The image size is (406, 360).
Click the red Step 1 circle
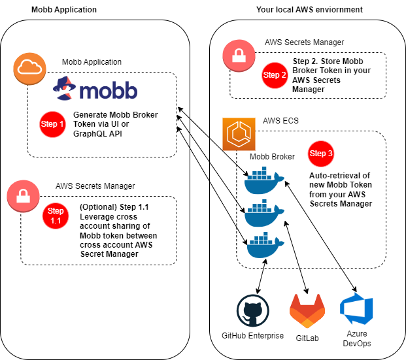(53, 124)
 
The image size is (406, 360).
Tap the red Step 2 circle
(275, 74)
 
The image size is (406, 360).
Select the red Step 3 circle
(321, 154)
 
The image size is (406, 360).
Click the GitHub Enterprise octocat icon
(251, 310)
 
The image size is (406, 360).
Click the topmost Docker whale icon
(262, 181)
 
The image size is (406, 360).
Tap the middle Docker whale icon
(262, 214)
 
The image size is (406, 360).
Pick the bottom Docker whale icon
(262, 246)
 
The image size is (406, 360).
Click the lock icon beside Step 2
(238, 56)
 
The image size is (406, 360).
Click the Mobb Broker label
(271, 157)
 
